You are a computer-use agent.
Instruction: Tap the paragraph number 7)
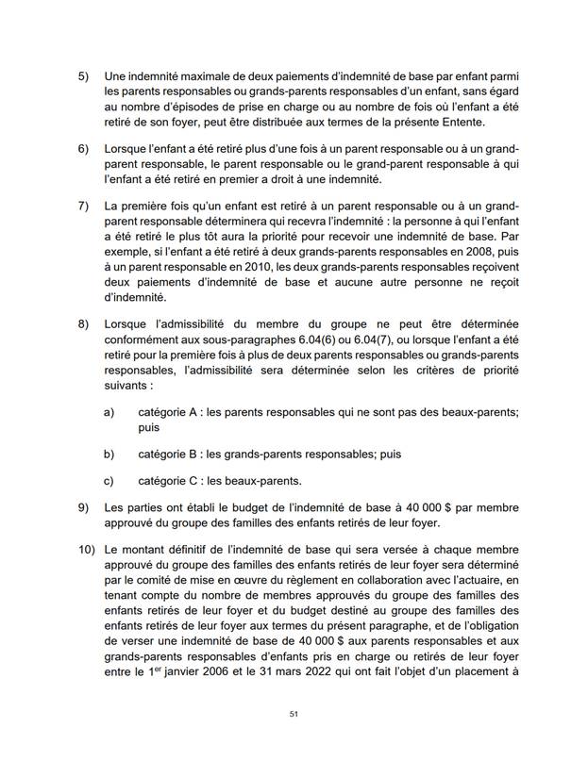click(82, 206)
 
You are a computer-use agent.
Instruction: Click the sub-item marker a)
click(109, 412)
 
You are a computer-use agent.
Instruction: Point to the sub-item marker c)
click(109, 479)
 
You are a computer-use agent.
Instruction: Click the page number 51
click(294, 714)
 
